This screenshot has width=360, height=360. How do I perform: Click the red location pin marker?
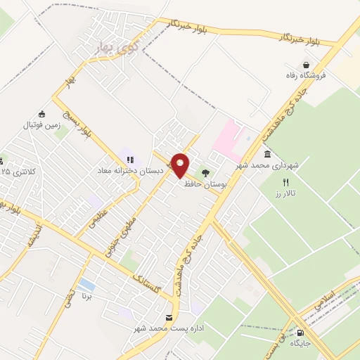coord(180,165)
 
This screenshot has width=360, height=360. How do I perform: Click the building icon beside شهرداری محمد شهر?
coord(267,155)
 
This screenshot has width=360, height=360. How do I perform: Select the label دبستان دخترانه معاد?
coord(131,170)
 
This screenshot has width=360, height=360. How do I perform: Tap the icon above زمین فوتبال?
coord(41,115)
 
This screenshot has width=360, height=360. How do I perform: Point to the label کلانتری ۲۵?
coord(17,171)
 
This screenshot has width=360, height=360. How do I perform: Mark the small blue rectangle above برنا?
coord(86,284)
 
